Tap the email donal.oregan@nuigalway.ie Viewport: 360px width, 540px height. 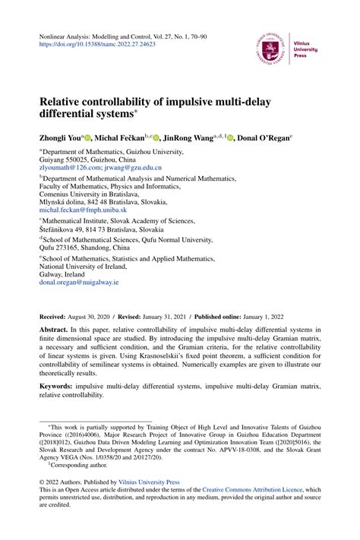pyautogui.click(x=79, y=281)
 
